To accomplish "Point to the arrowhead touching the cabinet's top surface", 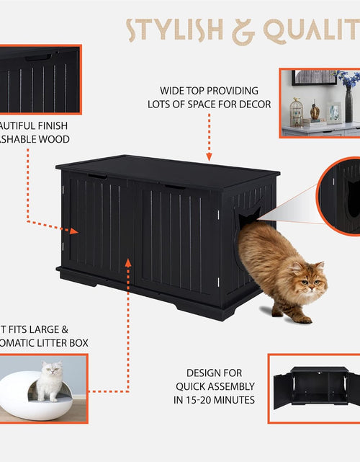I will tap(209, 156).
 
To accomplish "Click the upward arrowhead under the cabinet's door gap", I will tap(128, 261).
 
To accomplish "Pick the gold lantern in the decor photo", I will tap(295, 112).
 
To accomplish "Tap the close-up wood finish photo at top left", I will tap(40, 79).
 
